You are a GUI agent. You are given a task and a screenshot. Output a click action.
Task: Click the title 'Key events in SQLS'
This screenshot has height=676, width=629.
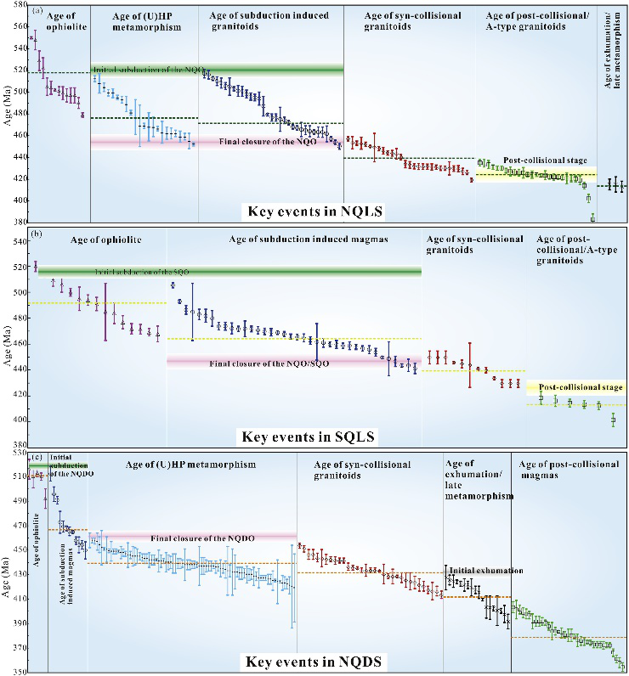[x=308, y=437]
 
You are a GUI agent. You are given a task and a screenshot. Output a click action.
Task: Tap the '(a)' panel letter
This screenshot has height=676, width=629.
[x=37, y=11]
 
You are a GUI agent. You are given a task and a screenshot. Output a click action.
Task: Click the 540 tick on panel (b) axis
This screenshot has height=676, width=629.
[x=19, y=242]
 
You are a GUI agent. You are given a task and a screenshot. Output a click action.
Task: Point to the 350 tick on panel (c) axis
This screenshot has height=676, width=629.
[x=19, y=671]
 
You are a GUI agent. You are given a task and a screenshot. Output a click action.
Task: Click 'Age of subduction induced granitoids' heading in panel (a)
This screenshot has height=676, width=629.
[x=268, y=20]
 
